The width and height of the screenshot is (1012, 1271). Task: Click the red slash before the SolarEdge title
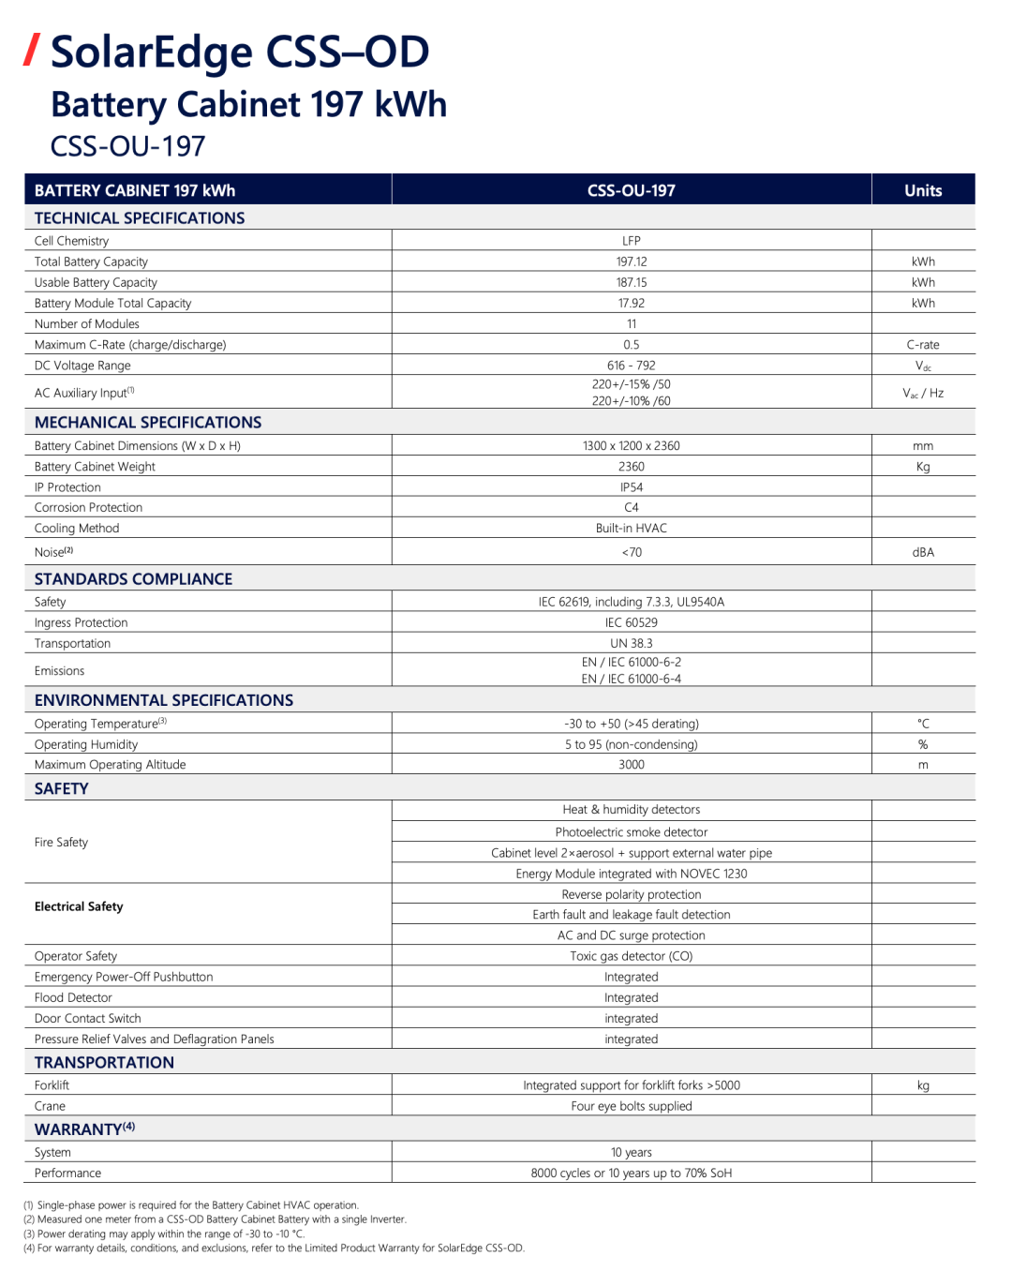pyautogui.click(x=32, y=50)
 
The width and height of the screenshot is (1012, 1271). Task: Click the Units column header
pyautogui.click(x=922, y=190)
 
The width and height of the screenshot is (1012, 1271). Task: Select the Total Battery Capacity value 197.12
pyautogui.click(x=631, y=262)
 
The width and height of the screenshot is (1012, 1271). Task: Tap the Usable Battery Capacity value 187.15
pyautogui.click(x=631, y=282)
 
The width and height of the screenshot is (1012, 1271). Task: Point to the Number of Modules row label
pyautogui.click(x=86, y=323)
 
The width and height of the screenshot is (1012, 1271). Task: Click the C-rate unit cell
pyautogui.click(x=922, y=344)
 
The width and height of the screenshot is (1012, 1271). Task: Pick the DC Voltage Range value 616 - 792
pyautogui.click(x=631, y=366)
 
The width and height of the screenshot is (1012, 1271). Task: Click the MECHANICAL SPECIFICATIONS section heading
pyautogui.click(x=148, y=422)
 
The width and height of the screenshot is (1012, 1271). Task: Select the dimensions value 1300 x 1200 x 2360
pyautogui.click(x=631, y=445)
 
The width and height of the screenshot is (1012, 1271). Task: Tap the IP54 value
pyautogui.click(x=631, y=487)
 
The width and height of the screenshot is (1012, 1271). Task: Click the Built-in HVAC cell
pyautogui.click(x=631, y=528)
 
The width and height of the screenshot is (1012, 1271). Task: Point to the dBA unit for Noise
pyautogui.click(x=922, y=552)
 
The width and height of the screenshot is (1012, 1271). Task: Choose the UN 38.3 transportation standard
pyautogui.click(x=631, y=643)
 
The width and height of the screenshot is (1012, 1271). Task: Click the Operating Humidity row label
pyautogui.click(x=86, y=744)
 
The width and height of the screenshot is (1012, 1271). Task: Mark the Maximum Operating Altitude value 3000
pyautogui.click(x=631, y=764)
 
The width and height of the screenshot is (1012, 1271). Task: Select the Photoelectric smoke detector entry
pyautogui.click(x=631, y=831)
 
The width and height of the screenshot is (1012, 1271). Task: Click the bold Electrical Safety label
pyautogui.click(x=79, y=906)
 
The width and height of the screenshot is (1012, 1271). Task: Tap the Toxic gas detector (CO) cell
pyautogui.click(x=631, y=956)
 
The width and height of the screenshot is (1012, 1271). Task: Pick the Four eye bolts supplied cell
pyautogui.click(x=631, y=1106)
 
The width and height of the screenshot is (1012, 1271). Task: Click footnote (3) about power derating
pyautogui.click(x=164, y=1234)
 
